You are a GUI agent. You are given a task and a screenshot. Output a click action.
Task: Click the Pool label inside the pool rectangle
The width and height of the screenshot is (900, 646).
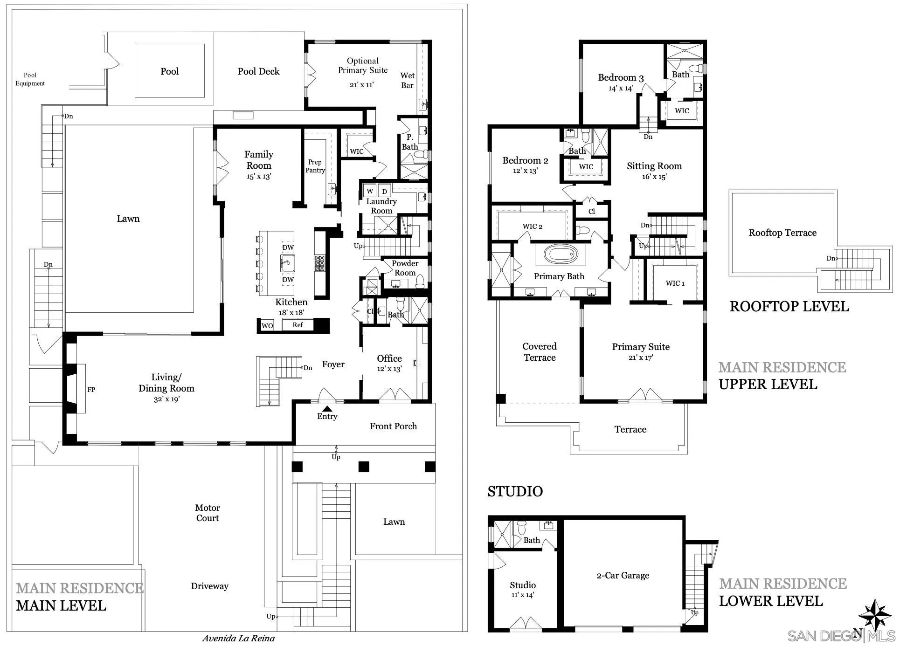[x=170, y=71]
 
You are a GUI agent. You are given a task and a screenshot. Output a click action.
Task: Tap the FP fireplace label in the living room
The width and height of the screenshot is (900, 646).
[x=91, y=390]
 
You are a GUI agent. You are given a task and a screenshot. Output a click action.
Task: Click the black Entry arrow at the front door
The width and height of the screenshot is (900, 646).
[x=328, y=409]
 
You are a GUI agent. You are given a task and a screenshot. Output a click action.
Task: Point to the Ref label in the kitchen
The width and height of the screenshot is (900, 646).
[x=298, y=325]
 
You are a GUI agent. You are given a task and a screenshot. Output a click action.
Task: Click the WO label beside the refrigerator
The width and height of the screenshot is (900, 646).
[x=267, y=326]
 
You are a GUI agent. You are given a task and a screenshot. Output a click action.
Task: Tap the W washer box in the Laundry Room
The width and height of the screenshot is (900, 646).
[x=370, y=191]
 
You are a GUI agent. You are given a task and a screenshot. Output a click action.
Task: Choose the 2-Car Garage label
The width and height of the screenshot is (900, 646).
[x=623, y=576]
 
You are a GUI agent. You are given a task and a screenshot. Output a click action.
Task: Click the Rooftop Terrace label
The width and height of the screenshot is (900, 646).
[x=782, y=233]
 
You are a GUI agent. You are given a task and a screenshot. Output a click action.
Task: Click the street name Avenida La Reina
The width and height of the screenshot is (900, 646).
[x=238, y=639]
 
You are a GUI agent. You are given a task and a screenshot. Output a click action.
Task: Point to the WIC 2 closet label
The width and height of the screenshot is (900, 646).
[x=532, y=227]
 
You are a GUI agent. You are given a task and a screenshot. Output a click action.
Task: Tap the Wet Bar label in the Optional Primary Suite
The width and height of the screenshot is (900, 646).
[x=407, y=80]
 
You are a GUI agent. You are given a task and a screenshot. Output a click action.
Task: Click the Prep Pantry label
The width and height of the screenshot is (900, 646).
[x=315, y=166]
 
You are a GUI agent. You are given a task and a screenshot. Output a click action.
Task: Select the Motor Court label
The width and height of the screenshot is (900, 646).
[x=208, y=513]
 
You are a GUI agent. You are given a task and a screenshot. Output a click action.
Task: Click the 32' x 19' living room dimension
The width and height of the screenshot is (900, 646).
[x=166, y=399]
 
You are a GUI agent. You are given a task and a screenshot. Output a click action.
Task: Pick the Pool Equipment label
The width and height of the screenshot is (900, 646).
[x=30, y=79]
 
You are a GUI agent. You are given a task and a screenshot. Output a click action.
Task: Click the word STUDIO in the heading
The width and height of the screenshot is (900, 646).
[x=515, y=491]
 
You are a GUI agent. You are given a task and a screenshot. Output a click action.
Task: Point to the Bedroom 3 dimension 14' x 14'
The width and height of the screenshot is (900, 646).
[x=621, y=88]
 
